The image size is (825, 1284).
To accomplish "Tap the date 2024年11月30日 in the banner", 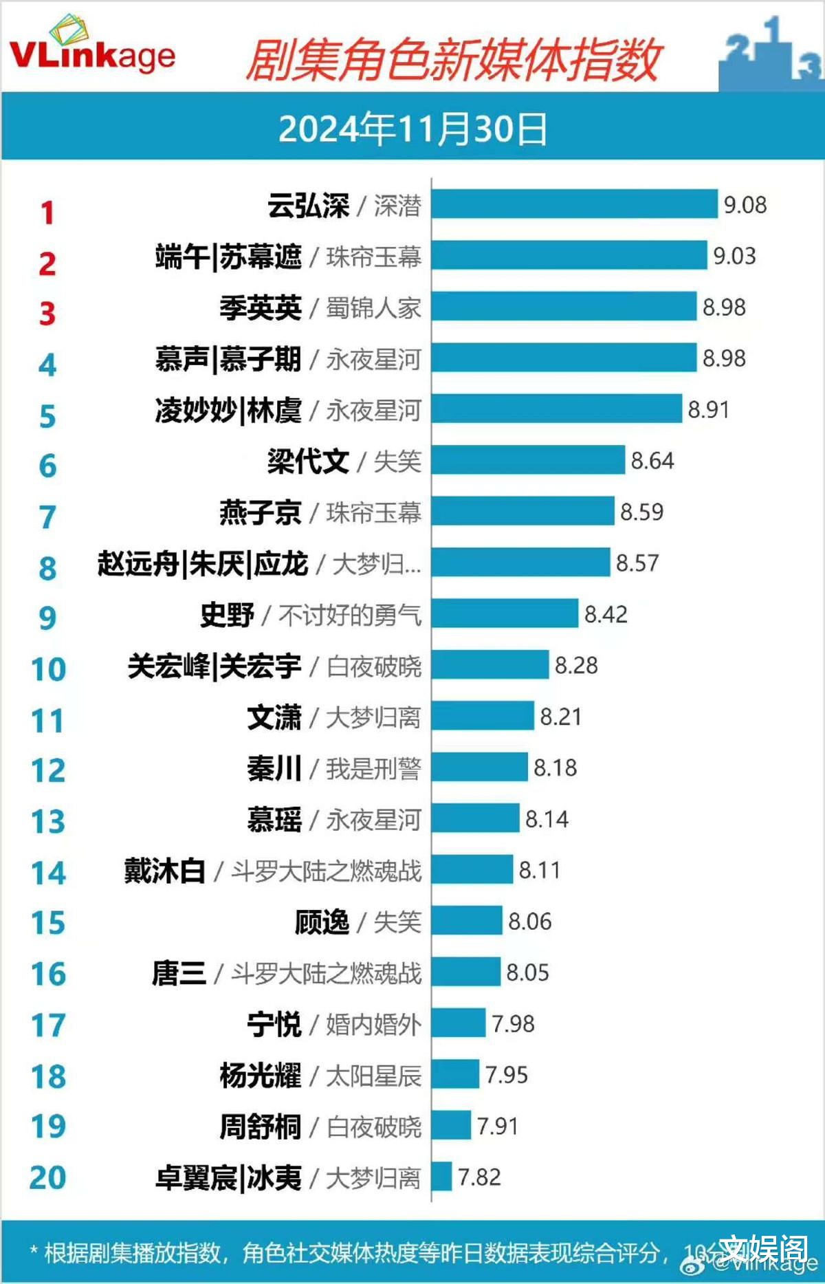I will point(412,129).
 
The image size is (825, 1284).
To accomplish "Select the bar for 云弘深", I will point(574,204).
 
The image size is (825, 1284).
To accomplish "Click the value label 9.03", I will point(734,256).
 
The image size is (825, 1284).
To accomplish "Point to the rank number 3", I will point(47,314).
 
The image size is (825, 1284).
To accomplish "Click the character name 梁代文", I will point(308,461).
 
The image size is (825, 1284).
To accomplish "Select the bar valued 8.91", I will point(556,409).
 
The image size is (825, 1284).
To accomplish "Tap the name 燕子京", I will point(260,512).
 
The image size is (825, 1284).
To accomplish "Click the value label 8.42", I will point(606,614).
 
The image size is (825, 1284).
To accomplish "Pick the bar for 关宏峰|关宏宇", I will point(490,665).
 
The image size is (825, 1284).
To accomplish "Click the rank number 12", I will point(48,770).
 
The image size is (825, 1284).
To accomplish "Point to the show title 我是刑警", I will point(373,769).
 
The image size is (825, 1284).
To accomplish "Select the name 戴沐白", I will point(165,871).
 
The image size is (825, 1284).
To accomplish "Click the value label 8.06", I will point(529,922).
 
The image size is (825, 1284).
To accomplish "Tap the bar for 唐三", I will point(465,972).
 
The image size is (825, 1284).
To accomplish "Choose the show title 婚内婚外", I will point(373,1025).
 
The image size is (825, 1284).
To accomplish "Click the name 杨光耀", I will point(260,1076).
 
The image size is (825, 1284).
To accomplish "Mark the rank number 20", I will point(48,1177).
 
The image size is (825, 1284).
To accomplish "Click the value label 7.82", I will point(479,1177).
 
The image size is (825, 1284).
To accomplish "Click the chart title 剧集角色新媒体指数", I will point(454,61).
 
